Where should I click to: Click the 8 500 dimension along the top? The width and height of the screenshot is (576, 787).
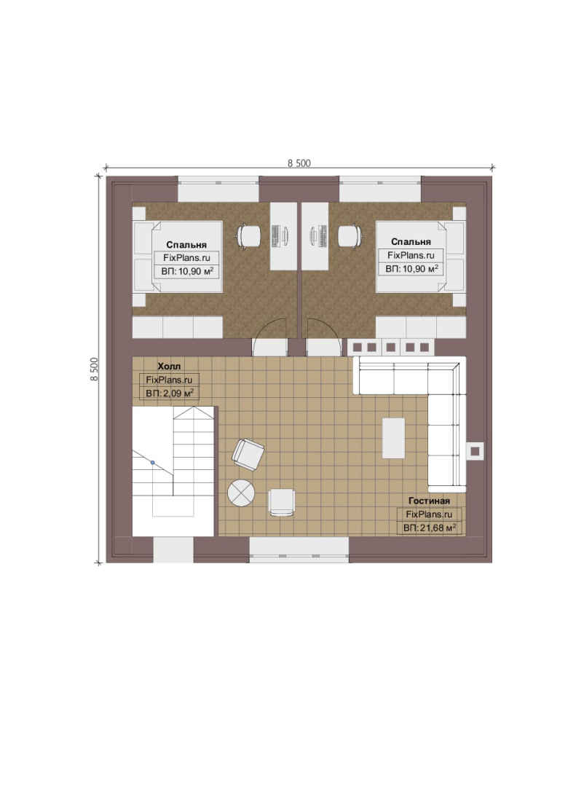click(299, 163)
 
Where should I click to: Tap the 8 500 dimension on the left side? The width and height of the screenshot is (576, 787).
click(95, 369)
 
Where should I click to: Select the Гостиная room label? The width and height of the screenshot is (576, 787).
click(429, 501)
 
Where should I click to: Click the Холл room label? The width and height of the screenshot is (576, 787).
click(169, 366)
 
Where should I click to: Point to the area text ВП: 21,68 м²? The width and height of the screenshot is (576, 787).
click(430, 528)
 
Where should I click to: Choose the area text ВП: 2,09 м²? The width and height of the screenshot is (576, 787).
click(170, 393)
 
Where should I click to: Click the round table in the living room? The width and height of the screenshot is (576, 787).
click(241, 493)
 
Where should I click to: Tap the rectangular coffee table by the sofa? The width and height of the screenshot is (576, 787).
click(394, 438)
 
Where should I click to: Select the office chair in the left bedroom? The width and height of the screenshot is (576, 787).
click(249, 236)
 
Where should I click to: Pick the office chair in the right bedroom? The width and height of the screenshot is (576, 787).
click(350, 236)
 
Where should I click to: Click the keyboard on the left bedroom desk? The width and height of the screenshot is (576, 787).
click(276, 235)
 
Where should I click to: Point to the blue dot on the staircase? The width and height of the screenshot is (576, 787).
click(153, 462)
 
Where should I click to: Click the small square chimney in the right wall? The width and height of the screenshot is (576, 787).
click(475, 451)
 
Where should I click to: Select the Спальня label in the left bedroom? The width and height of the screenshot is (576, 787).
click(186, 245)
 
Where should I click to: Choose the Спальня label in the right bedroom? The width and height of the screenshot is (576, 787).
click(411, 242)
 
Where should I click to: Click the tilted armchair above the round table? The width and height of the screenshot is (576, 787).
click(248, 455)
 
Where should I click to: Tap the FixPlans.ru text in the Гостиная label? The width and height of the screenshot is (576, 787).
click(429, 514)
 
